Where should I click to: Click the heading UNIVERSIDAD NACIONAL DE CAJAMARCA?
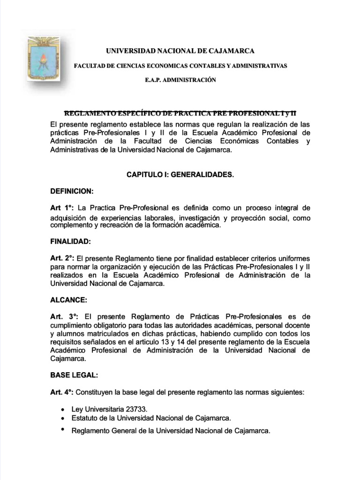[x=180, y=51]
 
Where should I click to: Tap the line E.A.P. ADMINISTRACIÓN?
[x=180, y=80]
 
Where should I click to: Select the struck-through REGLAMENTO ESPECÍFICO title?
[x=180, y=113]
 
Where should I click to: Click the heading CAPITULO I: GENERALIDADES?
[x=180, y=174]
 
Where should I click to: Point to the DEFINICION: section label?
[x=72, y=191]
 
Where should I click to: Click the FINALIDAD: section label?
[x=70, y=241]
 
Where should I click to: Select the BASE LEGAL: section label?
[x=74, y=375]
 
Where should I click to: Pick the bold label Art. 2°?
[x=63, y=258]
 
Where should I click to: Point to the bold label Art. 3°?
[x=64, y=317]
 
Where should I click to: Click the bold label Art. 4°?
[x=62, y=392]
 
